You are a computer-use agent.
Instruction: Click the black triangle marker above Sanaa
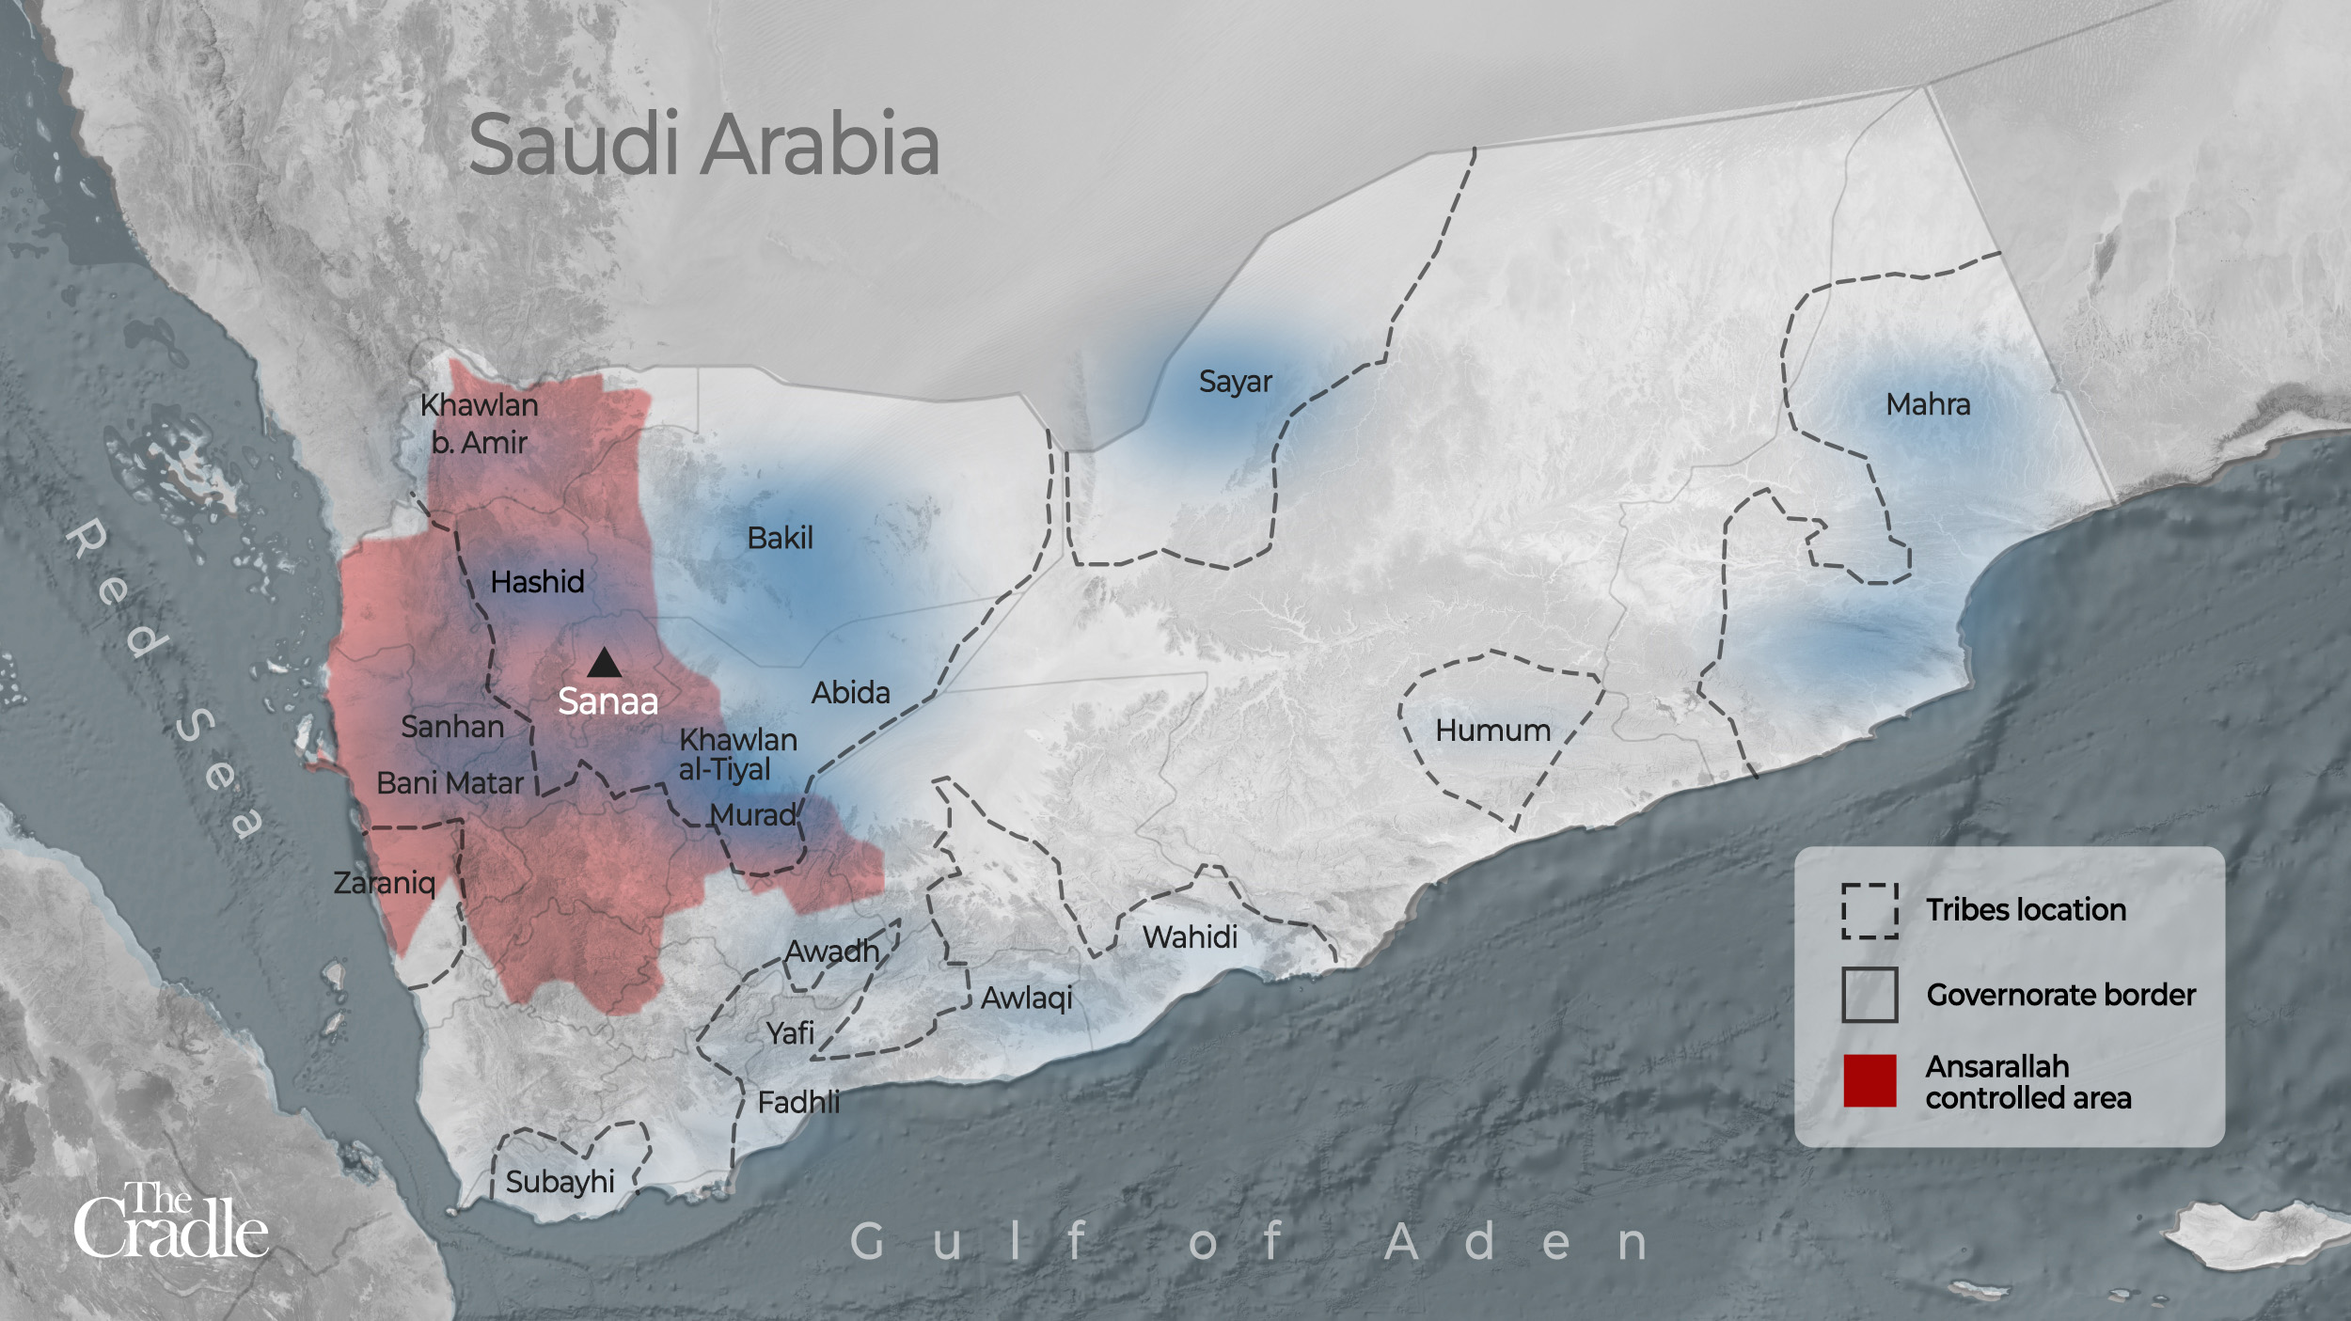604,664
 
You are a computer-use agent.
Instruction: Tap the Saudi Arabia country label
703,145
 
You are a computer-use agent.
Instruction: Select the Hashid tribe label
537,582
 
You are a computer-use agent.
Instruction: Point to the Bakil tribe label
780,538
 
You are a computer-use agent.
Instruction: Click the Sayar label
1235,382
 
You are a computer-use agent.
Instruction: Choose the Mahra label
1928,404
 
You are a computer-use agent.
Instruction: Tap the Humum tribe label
1492,731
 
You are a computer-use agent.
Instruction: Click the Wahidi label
1190,936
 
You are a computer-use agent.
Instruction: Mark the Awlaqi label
1026,998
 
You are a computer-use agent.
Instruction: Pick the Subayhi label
560,1182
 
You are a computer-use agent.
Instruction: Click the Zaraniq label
384,883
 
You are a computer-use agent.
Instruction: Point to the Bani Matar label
450,783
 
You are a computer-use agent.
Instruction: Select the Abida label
850,693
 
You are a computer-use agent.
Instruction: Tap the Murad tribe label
752,814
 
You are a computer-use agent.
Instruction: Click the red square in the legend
1870,1080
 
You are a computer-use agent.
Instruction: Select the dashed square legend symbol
1870,910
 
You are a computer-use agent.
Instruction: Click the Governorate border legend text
2060,995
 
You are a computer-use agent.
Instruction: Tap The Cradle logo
170,1221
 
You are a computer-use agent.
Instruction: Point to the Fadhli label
798,1102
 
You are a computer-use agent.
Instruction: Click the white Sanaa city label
607,701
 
